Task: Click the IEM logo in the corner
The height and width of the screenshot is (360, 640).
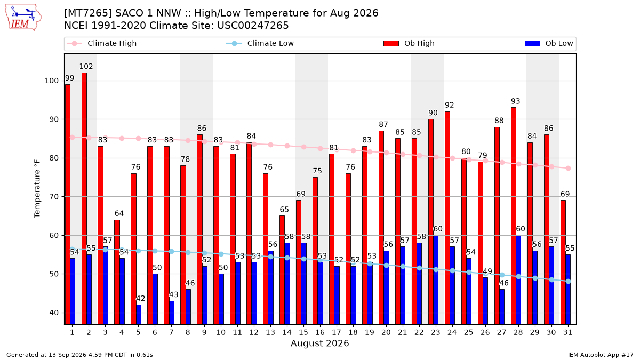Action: (23, 18)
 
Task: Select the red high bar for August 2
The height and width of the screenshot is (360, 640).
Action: (84, 198)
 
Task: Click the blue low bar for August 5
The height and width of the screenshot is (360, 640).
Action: (139, 315)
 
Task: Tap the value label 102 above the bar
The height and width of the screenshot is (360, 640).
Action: (86, 66)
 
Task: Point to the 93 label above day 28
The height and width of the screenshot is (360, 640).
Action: (515, 101)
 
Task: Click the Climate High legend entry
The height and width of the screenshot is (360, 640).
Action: (102, 43)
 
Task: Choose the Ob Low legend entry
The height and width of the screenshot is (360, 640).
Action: (549, 43)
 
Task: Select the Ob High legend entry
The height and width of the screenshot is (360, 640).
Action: (409, 43)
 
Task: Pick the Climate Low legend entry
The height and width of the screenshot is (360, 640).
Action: (260, 43)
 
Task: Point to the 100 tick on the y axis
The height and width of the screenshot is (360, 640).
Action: (51, 81)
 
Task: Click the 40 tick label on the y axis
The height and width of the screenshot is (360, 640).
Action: (54, 313)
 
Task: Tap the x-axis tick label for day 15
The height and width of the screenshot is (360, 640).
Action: (303, 332)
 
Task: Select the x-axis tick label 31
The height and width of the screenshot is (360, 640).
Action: (567, 332)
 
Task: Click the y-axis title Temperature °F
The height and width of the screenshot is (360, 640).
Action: (37, 189)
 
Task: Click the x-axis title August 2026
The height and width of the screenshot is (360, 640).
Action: (319, 343)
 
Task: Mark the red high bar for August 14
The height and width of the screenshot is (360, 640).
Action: (282, 270)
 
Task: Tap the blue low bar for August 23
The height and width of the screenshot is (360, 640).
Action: (436, 280)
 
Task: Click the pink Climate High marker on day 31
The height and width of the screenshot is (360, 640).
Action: (569, 169)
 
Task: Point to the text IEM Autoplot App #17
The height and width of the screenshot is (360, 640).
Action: (601, 355)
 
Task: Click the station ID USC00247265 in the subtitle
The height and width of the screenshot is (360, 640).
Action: (253, 26)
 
